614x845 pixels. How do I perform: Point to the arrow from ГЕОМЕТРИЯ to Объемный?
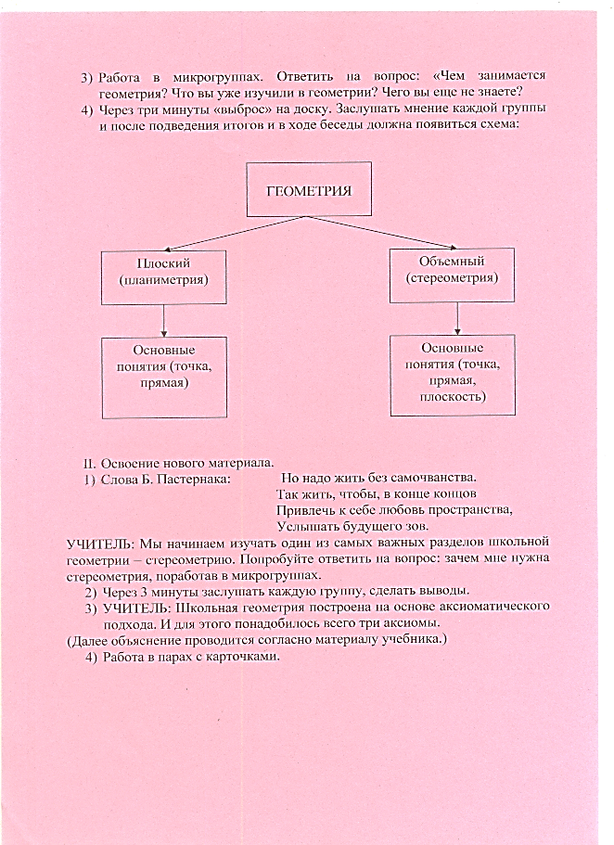point(379,233)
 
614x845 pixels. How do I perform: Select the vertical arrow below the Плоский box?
point(164,321)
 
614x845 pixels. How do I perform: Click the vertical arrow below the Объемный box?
point(457,318)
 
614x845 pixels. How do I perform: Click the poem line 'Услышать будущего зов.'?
point(352,525)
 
